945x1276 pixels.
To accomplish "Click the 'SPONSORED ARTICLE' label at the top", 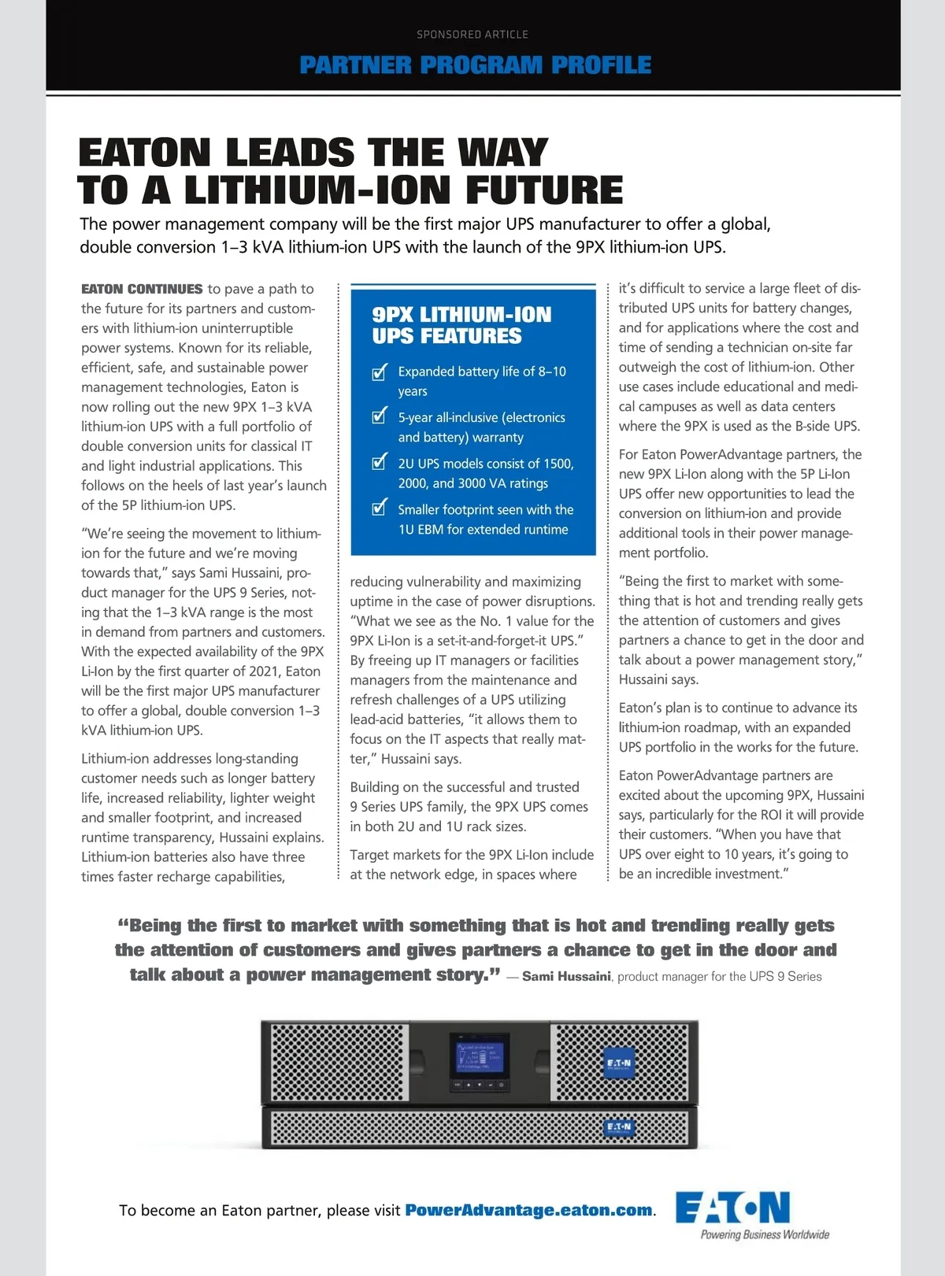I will click(x=472, y=35).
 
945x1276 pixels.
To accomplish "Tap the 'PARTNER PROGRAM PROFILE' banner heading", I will click(x=476, y=65).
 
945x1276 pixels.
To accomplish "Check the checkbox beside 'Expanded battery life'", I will click(x=380, y=372).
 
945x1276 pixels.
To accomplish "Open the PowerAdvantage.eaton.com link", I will click(x=528, y=1210).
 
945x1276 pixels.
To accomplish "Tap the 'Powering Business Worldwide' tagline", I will click(x=765, y=1234).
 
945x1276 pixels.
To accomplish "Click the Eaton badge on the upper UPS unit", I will click(x=618, y=1063).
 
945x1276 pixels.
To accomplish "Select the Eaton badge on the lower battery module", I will click(x=618, y=1127).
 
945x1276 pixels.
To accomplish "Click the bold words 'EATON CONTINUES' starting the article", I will click(x=142, y=289).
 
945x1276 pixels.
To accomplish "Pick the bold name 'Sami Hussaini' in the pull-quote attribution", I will click(x=566, y=976).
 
